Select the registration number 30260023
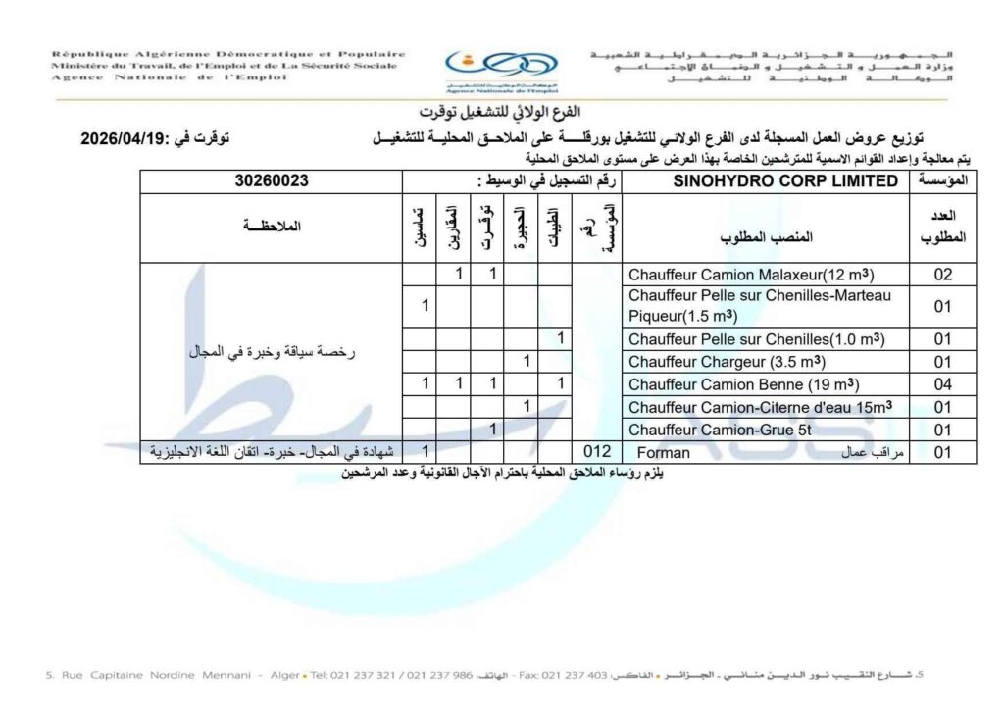pos(273,180)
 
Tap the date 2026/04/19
pos(126,140)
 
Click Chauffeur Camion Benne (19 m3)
pos(744,383)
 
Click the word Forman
pos(664,452)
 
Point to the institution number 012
pos(597,451)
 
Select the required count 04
pos(942,383)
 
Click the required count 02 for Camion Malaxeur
pos(942,275)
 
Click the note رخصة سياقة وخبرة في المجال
pos(271,350)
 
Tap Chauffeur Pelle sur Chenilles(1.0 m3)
pos(756,339)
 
